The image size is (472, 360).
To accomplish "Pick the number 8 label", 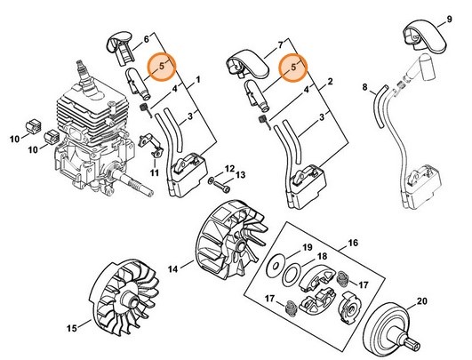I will tap(365, 86).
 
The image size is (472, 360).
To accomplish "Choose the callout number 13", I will tap(242, 174).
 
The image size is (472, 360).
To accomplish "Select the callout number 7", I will tap(280, 44).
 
